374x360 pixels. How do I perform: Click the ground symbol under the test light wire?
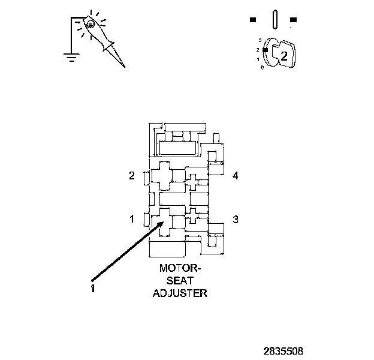tap(71, 58)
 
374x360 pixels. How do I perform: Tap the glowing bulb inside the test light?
tap(90, 25)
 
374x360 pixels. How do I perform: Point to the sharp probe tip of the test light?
tap(123, 66)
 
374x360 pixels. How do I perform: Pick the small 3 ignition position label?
tap(259, 40)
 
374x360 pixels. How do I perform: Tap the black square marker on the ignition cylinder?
tap(264, 50)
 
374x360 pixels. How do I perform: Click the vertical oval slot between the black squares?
tap(273, 19)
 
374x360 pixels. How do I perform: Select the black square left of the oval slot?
tap(253, 20)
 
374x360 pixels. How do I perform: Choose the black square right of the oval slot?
tap(293, 20)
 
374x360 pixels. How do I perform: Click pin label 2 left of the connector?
tap(132, 176)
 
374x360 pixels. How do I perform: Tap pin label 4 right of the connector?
tap(236, 176)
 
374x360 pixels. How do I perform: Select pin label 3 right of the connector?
tap(236, 219)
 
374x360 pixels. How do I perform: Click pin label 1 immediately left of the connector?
tap(132, 219)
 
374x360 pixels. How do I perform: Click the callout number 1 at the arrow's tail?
tap(93, 288)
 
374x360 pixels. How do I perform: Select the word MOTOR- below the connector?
tap(180, 269)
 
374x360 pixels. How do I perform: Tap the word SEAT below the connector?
tap(180, 281)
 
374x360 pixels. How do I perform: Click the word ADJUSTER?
tap(180, 293)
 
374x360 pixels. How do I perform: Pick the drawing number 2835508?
tap(283, 349)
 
